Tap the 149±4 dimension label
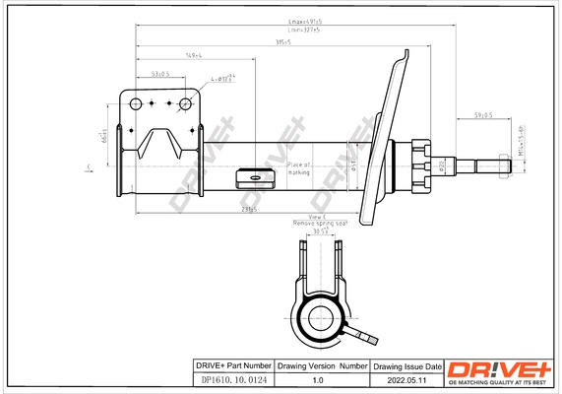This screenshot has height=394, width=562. pyautogui.click(x=194, y=56)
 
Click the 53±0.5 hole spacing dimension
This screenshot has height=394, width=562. pyautogui.click(x=160, y=75)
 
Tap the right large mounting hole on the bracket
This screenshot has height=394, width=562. pyautogui.click(x=184, y=103)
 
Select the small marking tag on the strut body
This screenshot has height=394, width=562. pyautogui.click(x=258, y=177)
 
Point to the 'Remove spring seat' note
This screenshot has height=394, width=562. pyautogui.click(x=315, y=225)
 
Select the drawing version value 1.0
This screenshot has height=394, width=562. pyautogui.click(x=317, y=377)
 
